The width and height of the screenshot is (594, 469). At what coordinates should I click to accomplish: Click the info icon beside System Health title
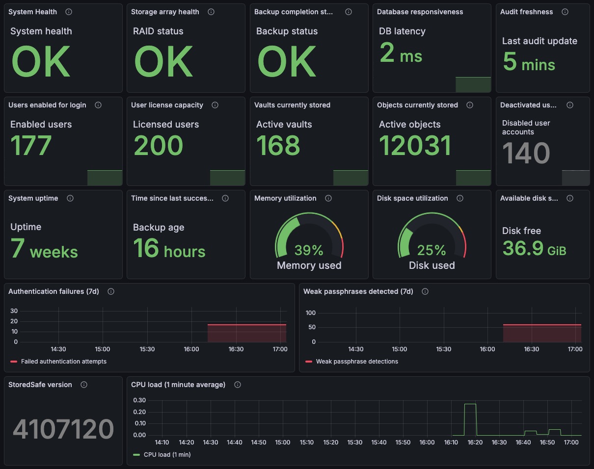pyautogui.click(x=69, y=12)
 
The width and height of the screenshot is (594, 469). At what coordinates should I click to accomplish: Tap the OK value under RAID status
pyautogui.click(x=163, y=61)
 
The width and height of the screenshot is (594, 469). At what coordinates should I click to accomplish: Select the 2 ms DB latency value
pyautogui.click(x=401, y=52)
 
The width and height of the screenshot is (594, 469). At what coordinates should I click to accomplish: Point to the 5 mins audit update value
pyautogui.click(x=529, y=62)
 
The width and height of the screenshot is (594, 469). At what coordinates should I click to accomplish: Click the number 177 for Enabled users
pyautogui.click(x=31, y=145)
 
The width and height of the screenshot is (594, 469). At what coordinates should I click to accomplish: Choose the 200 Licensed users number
pyautogui.click(x=158, y=145)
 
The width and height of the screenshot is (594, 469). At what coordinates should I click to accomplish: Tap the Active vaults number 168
pyautogui.click(x=278, y=145)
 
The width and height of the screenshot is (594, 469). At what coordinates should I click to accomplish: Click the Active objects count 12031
pyautogui.click(x=415, y=145)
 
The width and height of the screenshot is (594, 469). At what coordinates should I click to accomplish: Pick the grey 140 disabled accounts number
pyautogui.click(x=526, y=153)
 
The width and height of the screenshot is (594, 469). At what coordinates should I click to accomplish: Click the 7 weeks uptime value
pyautogui.click(x=44, y=249)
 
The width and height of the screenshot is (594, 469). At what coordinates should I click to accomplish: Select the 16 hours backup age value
pyautogui.click(x=169, y=249)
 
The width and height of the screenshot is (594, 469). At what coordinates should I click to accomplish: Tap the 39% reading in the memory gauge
pyautogui.click(x=309, y=250)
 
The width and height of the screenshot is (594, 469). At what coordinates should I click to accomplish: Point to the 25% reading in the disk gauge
pyautogui.click(x=432, y=250)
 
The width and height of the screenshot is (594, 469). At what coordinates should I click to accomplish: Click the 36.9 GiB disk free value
pyautogui.click(x=535, y=248)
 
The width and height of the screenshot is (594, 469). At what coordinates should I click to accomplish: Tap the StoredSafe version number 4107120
pyautogui.click(x=63, y=429)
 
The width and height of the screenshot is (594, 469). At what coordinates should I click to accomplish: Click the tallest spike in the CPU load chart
pyautogui.click(x=470, y=404)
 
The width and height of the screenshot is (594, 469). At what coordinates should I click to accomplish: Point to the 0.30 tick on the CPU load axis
pyautogui.click(x=139, y=400)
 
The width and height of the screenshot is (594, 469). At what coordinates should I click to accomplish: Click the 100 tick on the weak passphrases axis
pyautogui.click(x=311, y=313)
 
